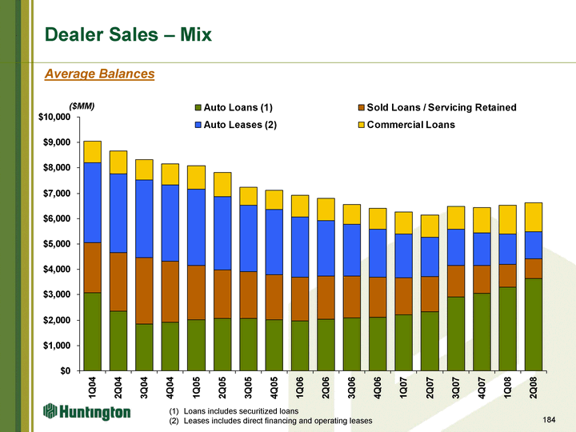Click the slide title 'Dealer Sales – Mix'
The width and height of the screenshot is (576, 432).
click(x=128, y=34)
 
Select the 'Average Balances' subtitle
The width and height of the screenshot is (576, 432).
click(x=99, y=74)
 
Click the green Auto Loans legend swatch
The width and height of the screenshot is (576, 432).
click(x=198, y=107)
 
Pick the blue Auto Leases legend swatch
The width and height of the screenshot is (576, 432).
click(x=198, y=125)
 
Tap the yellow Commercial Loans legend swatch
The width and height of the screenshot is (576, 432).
click(x=360, y=125)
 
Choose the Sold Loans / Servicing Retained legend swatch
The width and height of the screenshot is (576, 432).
click(x=360, y=107)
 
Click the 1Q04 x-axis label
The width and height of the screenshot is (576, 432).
click(x=93, y=386)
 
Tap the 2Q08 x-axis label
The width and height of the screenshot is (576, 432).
click(x=531, y=386)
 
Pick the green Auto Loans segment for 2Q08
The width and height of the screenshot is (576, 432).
click(x=531, y=325)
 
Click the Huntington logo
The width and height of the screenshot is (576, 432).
click(x=86, y=411)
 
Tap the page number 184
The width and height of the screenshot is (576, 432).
click(x=547, y=419)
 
